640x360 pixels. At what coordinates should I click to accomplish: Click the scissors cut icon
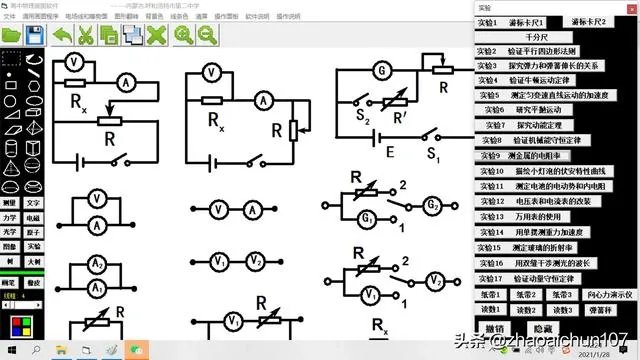point(85,35)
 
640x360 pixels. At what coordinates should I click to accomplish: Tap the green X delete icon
point(155,35)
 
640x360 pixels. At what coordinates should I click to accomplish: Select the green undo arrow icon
point(62,35)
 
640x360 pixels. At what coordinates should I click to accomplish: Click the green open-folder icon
point(13,35)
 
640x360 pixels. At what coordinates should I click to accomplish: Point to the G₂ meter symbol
point(433,207)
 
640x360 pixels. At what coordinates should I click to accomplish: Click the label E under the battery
point(389,153)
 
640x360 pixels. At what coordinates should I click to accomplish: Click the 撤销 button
point(494,328)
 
